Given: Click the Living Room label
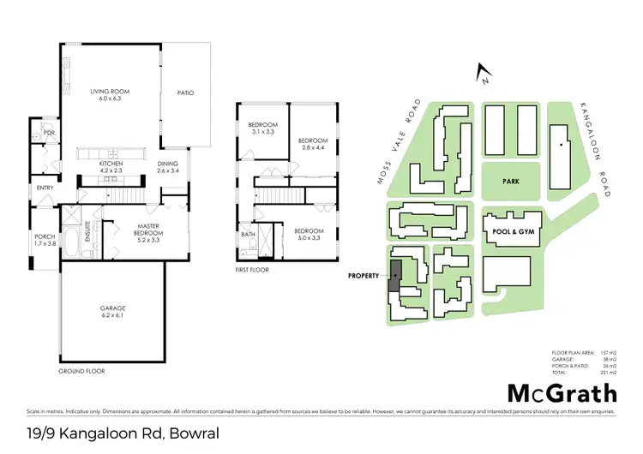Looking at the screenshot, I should (x=109, y=94).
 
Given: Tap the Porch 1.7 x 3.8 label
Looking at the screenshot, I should (x=44, y=241).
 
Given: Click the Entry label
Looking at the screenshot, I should (x=45, y=188).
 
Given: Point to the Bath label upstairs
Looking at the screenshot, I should (x=248, y=234).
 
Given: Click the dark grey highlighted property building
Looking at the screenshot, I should (x=396, y=275).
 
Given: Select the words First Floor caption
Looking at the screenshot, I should (x=253, y=270).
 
